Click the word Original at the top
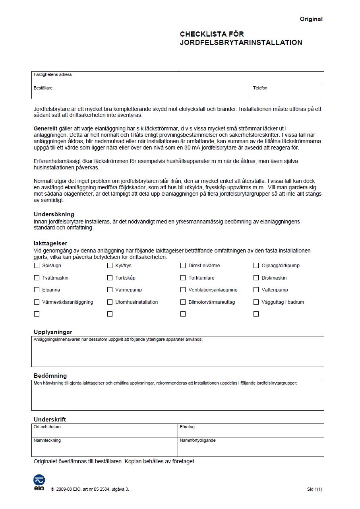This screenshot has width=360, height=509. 311,19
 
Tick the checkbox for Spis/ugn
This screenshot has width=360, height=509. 37,266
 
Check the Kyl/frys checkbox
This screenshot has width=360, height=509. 110,266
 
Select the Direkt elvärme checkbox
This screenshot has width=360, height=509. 183,266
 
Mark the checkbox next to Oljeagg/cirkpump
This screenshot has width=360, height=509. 256,266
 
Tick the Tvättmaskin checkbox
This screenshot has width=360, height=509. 37,278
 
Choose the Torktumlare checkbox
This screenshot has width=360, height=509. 183,278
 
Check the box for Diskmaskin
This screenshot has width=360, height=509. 256,278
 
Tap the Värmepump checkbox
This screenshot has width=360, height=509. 110,290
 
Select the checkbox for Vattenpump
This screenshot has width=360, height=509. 256,290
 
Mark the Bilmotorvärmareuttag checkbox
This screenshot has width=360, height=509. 183,302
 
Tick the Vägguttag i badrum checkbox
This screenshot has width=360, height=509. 256,302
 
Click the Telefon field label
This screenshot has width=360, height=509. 260,88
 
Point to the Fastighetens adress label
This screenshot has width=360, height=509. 53,75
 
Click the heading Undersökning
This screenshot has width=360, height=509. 54,214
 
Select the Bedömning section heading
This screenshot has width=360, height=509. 50,376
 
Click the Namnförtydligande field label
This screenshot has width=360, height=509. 197,441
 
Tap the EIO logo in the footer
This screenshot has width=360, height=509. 39,482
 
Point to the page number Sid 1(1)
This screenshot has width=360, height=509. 314,490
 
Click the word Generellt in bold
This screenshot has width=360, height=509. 45,128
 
